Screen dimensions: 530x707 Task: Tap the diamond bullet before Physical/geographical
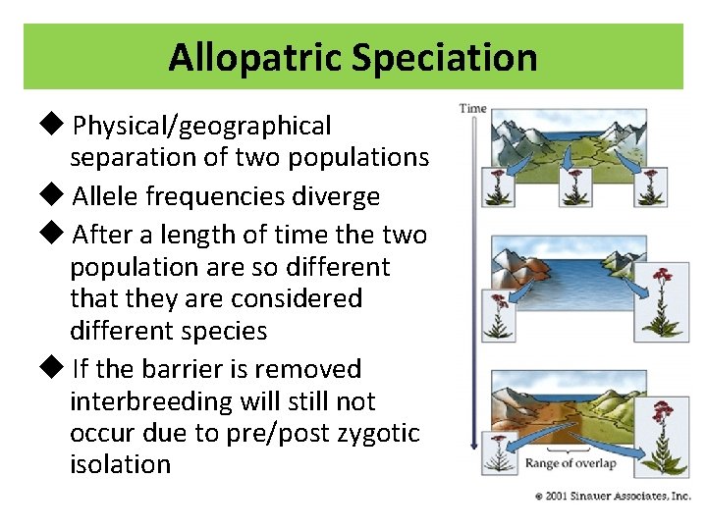[x=56, y=125]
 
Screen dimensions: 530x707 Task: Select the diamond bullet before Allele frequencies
[x=56, y=195]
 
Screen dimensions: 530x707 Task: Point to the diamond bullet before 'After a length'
[x=56, y=235]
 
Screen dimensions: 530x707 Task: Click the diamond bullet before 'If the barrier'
[x=56, y=369]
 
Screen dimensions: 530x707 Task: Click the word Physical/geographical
[x=202, y=127]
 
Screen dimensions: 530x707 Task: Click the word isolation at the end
[x=120, y=464]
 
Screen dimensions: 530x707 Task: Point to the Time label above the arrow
[x=472, y=108]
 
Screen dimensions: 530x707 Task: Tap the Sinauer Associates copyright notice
[x=613, y=497]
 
